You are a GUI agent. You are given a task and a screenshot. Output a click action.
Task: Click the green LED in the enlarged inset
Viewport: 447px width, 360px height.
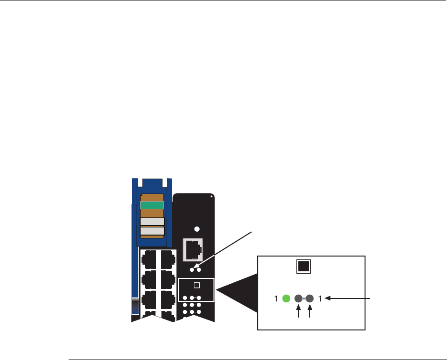click(x=286, y=299)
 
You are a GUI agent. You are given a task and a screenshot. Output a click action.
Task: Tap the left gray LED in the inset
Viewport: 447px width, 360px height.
click(x=299, y=299)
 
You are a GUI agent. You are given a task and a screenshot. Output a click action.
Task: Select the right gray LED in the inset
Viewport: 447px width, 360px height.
click(x=310, y=299)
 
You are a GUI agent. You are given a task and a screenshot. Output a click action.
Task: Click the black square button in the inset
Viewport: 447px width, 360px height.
click(x=304, y=266)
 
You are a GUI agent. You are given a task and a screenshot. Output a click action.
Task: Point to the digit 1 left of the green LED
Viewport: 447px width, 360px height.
click(x=276, y=299)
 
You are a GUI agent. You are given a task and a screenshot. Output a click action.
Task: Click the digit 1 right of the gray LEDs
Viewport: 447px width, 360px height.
click(x=321, y=299)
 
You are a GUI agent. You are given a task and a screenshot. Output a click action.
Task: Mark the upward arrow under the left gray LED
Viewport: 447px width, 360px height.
click(x=299, y=313)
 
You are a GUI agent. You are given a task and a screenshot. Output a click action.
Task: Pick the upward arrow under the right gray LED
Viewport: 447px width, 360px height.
click(x=310, y=313)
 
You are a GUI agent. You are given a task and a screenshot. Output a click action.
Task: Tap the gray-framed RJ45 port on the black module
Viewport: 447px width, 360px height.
click(x=193, y=249)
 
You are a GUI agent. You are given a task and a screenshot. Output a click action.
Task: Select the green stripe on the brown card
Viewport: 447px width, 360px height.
click(x=152, y=205)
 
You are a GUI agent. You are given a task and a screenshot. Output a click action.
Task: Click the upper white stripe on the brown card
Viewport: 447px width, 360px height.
click(x=152, y=221)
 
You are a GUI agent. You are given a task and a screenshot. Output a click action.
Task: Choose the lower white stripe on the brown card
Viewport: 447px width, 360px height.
click(x=152, y=231)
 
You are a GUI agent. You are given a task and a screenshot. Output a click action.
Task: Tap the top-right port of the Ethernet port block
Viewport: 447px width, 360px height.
click(x=167, y=259)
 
